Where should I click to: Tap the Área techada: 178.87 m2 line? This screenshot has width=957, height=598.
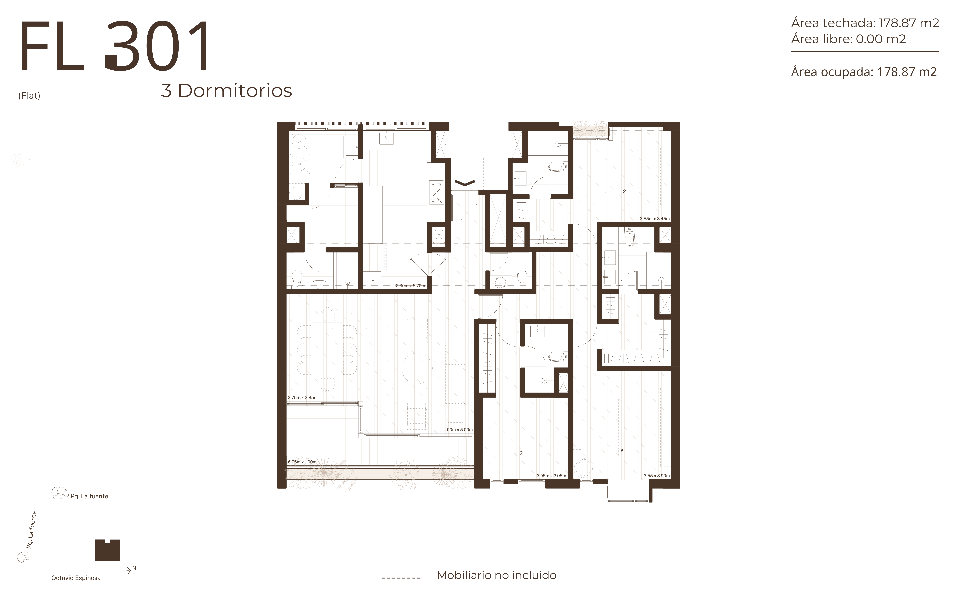[x=865, y=23]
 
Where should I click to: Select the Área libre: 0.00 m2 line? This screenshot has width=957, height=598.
[x=848, y=39]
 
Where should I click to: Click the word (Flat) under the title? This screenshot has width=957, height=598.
[x=29, y=96]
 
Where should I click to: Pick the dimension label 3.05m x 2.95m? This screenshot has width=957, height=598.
[x=551, y=476]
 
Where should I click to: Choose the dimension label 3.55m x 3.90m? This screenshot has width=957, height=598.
[x=657, y=476]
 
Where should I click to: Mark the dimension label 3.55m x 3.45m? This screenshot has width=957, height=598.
[x=655, y=219]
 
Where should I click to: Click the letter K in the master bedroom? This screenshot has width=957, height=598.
[x=622, y=450]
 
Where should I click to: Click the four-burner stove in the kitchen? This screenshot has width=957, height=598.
[x=437, y=193]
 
